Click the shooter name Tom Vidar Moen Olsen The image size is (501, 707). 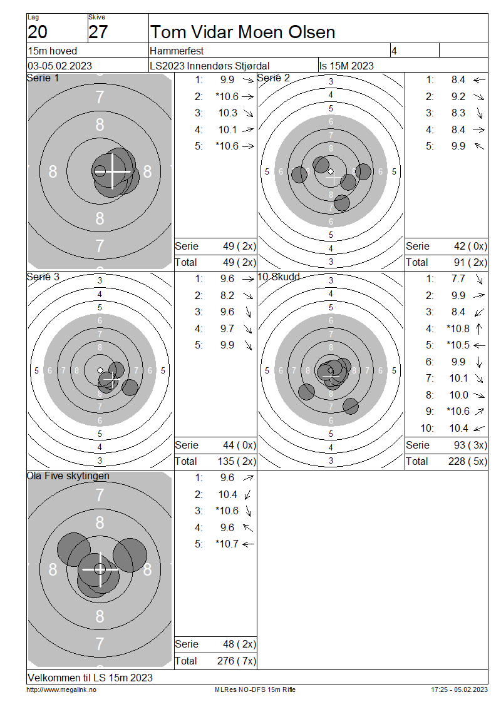coord(243,32)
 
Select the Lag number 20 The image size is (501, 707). coord(38,32)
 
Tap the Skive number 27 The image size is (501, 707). coord(98,32)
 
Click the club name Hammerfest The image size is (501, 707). coord(177,51)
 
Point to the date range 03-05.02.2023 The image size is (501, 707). coord(59,66)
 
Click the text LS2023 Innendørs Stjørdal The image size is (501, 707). coord(209,66)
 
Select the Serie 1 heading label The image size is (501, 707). coord(43,78)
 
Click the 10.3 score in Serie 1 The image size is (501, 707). coord(228,113)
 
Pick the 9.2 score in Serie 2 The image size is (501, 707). coord(458,96)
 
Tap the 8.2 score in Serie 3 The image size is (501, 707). coord(227,295)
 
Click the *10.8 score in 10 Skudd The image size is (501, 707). coord(458,328)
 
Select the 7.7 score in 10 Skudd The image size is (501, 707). coord(458,278)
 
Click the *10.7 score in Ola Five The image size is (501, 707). coord(227,544)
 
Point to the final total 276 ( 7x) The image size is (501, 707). coord(237,661)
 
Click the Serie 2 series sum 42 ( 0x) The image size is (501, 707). coord(470,246)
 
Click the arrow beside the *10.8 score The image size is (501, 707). coord(479,328)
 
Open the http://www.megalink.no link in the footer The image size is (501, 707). coord(61,689)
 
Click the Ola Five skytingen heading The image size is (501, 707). coord(68,476)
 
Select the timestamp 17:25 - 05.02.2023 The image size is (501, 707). coord(460,689)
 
